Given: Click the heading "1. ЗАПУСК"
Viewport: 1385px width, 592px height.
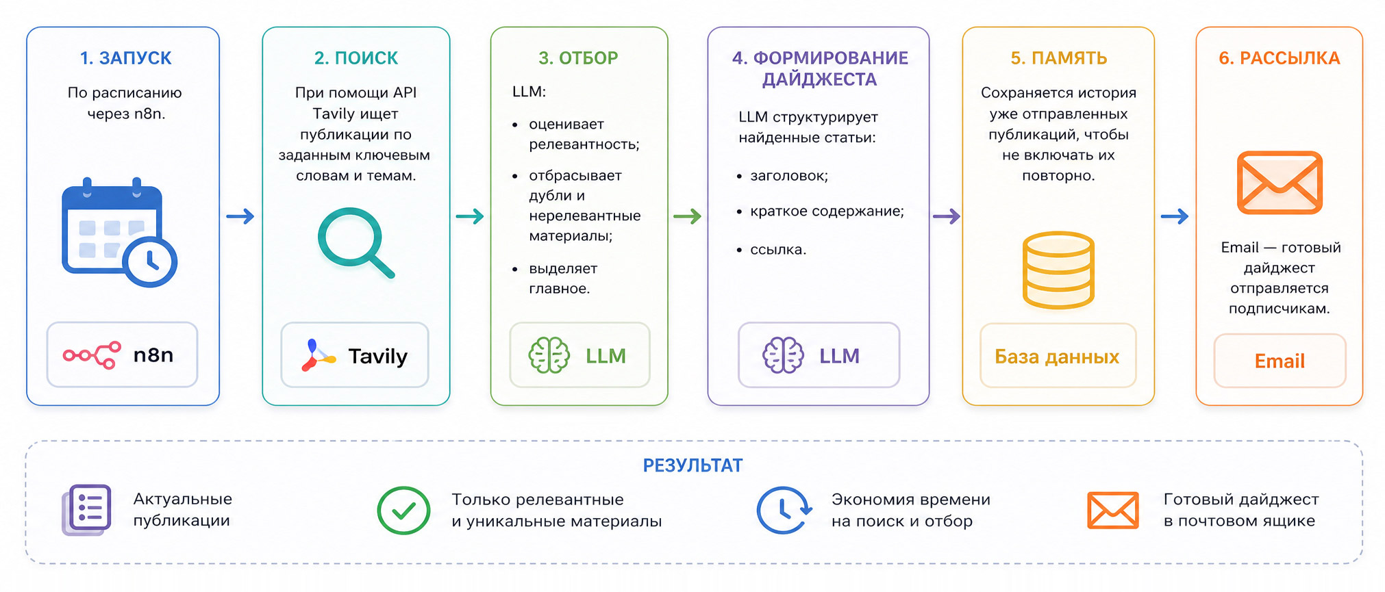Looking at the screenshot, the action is (x=126, y=58).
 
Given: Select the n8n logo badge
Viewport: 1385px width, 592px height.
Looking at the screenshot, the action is (x=122, y=355).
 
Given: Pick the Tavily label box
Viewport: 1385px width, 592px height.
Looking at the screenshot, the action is (x=355, y=355).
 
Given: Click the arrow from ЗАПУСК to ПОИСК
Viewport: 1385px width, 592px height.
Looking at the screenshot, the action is (x=240, y=216).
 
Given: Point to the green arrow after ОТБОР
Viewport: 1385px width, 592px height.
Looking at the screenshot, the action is (x=687, y=216).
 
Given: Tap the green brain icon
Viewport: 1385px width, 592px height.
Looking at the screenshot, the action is (x=549, y=355).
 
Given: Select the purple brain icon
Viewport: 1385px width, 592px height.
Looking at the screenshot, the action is (x=783, y=355).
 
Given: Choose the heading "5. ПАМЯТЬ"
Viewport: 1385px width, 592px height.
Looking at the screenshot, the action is (x=1058, y=58).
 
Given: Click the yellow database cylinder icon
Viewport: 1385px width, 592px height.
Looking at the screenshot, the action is (x=1058, y=270).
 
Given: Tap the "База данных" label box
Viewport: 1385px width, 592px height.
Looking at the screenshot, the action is (x=1058, y=356).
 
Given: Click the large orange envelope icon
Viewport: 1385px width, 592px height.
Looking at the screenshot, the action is (x=1280, y=183).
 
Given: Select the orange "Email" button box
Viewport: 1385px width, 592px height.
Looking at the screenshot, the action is (x=1280, y=361).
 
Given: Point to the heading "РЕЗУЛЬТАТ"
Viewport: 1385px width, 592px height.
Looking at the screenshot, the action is (x=692, y=465).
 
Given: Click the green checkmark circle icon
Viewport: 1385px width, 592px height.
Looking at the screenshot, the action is (x=403, y=510).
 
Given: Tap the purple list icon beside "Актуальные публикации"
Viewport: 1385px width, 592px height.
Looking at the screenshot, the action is (x=87, y=510).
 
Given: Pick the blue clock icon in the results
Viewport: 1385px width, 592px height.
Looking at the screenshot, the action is (x=784, y=510).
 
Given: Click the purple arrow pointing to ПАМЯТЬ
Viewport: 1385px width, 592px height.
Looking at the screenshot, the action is (x=946, y=216).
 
